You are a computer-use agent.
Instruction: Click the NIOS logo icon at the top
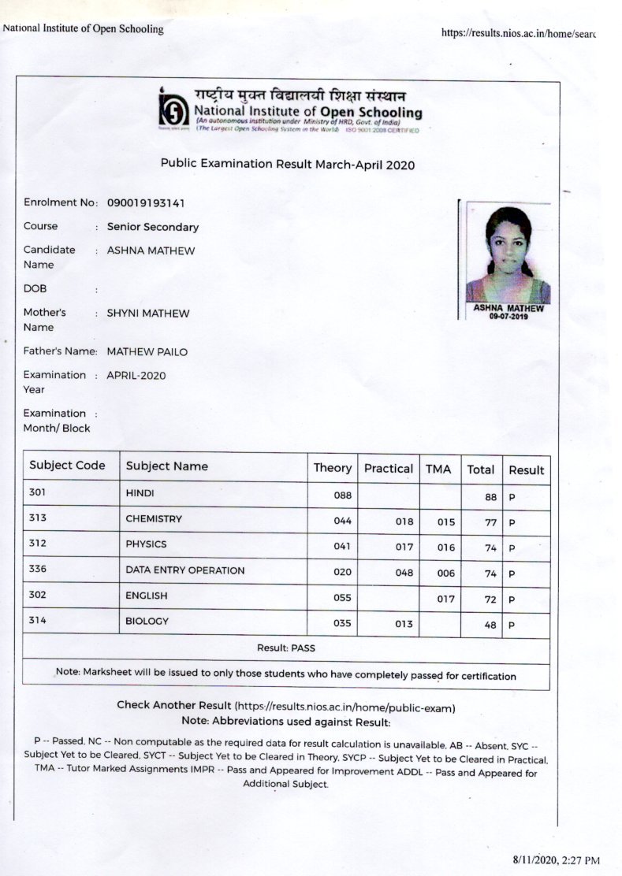click(173, 109)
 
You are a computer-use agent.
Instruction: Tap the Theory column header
click(332, 468)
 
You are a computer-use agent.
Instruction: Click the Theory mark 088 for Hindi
click(342, 496)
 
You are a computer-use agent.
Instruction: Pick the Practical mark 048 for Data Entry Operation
click(404, 573)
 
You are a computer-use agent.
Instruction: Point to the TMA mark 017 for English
click(445, 599)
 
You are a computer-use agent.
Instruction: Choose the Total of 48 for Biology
click(490, 625)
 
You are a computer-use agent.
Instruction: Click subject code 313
click(37, 518)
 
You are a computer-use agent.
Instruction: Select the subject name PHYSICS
click(146, 544)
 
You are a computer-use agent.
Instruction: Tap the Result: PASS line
click(286, 648)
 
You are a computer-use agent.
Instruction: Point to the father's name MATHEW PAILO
click(147, 351)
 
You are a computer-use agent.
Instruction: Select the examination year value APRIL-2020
click(136, 375)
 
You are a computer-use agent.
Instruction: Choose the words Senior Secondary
click(152, 227)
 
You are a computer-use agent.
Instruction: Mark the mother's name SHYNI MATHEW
click(147, 313)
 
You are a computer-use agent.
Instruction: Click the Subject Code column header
click(67, 465)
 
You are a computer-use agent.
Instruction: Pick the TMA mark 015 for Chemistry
click(445, 522)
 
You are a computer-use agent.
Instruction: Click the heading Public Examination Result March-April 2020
click(287, 165)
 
